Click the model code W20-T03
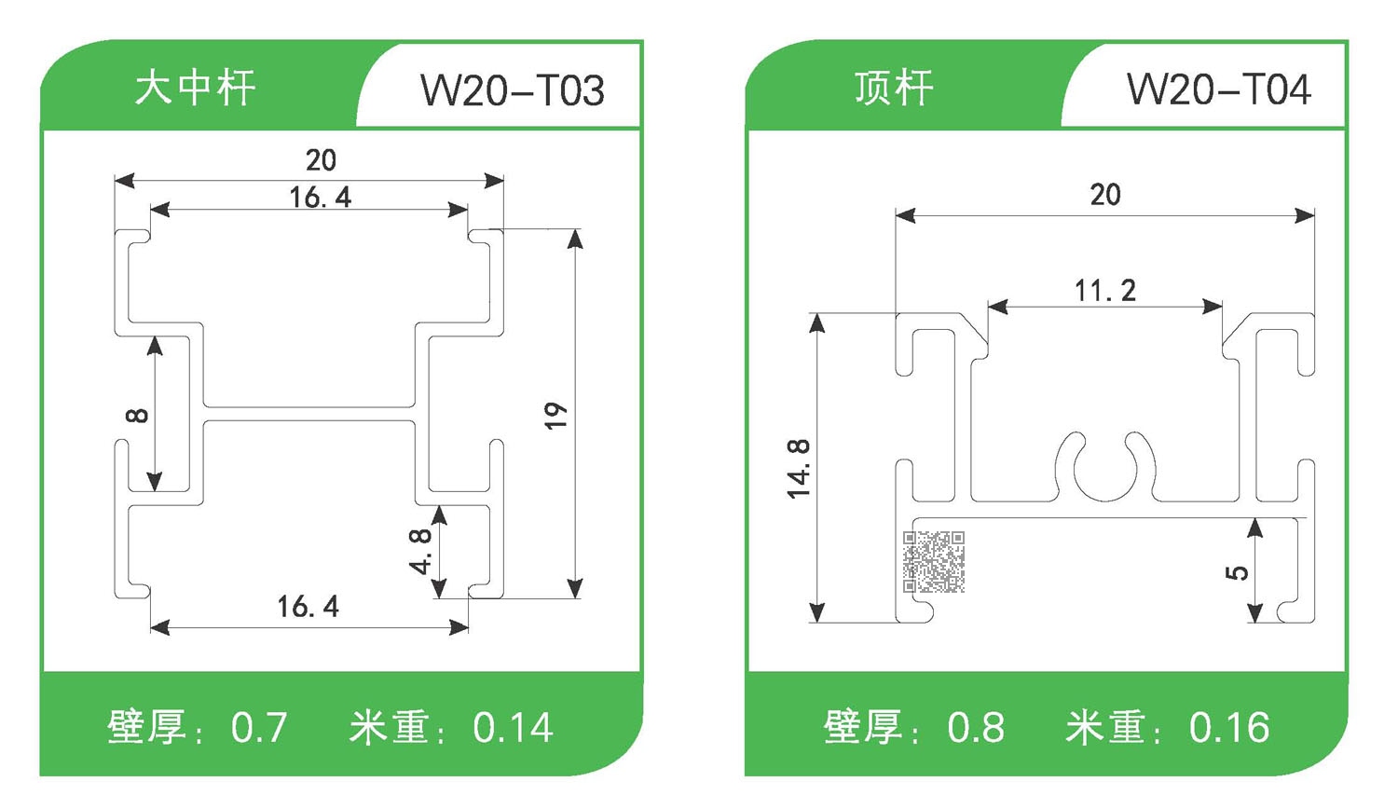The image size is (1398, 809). pyautogui.click(x=513, y=90)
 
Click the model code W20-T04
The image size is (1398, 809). pyautogui.click(x=1218, y=90)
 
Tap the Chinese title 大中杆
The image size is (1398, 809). pyautogui.click(x=195, y=89)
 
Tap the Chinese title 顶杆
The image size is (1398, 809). pyautogui.click(x=894, y=89)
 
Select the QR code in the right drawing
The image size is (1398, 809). pyautogui.click(x=934, y=562)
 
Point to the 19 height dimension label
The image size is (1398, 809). pyautogui.click(x=555, y=415)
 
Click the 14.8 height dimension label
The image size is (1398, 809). pyautogui.click(x=799, y=469)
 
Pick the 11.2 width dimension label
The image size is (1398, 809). pyautogui.click(x=1105, y=291)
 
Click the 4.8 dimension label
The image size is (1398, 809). pyautogui.click(x=420, y=551)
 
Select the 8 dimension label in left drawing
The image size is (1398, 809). pyautogui.click(x=136, y=415)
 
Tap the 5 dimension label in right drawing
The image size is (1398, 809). pyautogui.click(x=1236, y=571)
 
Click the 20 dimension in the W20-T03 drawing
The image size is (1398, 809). pyautogui.click(x=321, y=160)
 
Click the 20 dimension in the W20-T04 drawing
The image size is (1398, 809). pyautogui.click(x=1105, y=195)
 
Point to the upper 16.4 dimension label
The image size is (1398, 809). pyautogui.click(x=320, y=198)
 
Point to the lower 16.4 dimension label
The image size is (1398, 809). pyautogui.click(x=308, y=607)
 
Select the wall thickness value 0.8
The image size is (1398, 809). pyautogui.click(x=975, y=728)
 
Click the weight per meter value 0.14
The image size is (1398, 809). pyautogui.click(x=513, y=728)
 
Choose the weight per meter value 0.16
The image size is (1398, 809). pyautogui.click(x=1228, y=728)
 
